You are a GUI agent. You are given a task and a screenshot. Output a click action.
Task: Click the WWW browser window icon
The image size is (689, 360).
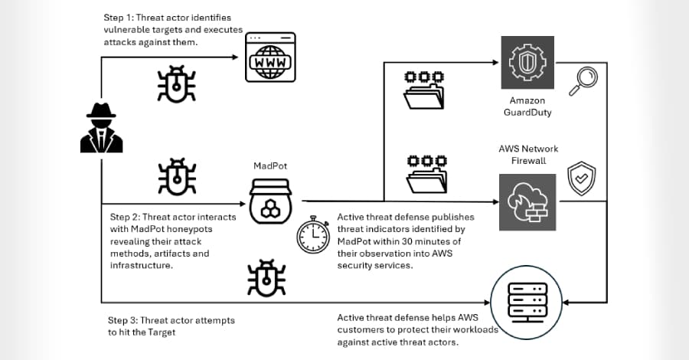coord(269,57)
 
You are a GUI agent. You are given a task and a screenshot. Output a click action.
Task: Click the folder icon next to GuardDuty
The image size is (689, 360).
coord(423,90)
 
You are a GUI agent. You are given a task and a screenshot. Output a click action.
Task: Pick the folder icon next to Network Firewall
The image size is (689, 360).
coord(423,175)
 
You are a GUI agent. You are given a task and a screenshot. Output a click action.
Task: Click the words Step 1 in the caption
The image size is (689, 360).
coord(119,17)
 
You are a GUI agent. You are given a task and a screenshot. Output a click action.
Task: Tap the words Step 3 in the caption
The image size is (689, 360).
coord(123,320)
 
